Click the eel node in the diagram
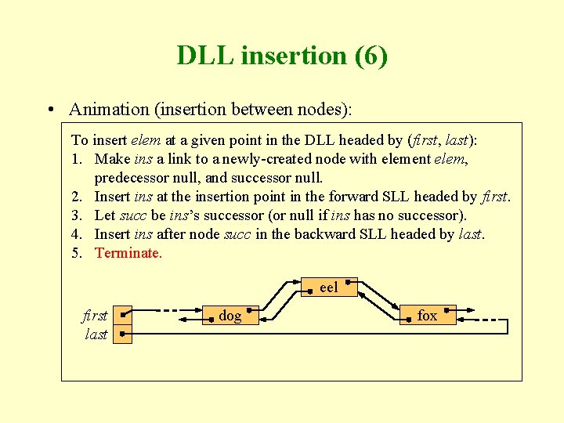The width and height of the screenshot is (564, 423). [x=329, y=287]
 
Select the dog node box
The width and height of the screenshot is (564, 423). [x=230, y=316]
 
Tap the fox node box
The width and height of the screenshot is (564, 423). [x=427, y=316]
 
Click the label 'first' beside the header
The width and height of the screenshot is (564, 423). [x=95, y=316]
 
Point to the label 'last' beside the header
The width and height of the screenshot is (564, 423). [x=96, y=334]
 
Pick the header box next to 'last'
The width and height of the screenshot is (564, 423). [x=122, y=334]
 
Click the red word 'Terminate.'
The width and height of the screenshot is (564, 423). [x=128, y=253]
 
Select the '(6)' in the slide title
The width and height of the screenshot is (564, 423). [x=370, y=56]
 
